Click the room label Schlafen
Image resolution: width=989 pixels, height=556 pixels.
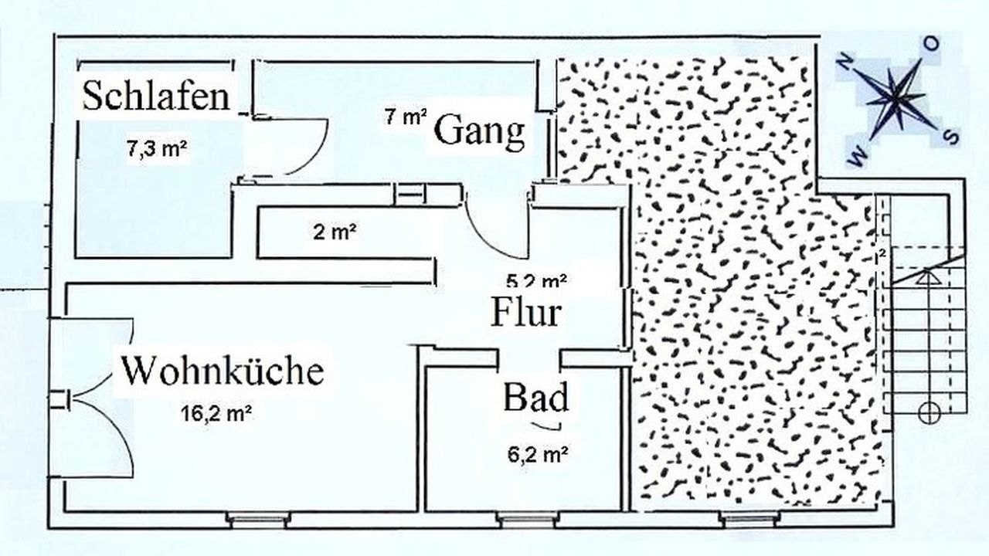(x=156, y=97)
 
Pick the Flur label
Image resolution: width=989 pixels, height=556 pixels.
(x=525, y=313)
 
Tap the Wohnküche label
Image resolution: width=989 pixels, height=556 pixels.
(x=222, y=371)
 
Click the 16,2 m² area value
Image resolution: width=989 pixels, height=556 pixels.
(x=216, y=413)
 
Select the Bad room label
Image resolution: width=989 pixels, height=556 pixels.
(x=535, y=398)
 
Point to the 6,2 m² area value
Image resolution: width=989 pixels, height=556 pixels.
(x=534, y=456)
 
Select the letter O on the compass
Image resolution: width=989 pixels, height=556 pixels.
(x=933, y=44)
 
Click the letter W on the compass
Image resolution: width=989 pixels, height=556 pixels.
(x=856, y=158)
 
